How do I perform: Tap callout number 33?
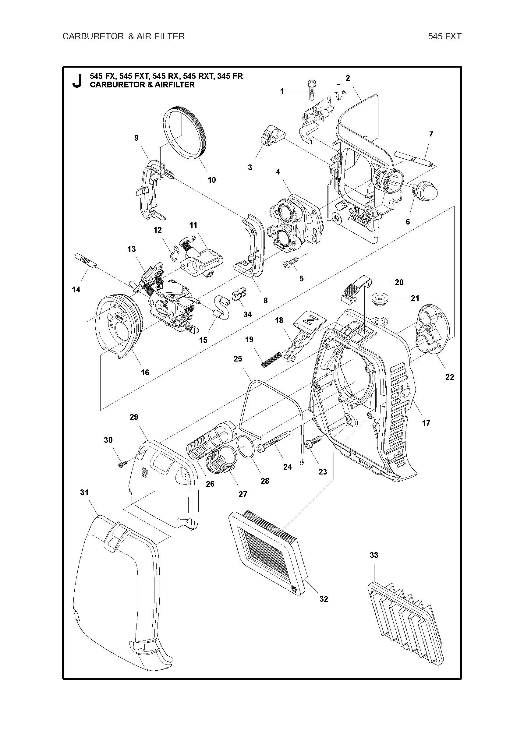click(x=374, y=556)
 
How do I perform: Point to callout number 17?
click(x=426, y=423)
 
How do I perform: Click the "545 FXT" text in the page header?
click(x=444, y=36)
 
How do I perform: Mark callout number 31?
click(x=84, y=492)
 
